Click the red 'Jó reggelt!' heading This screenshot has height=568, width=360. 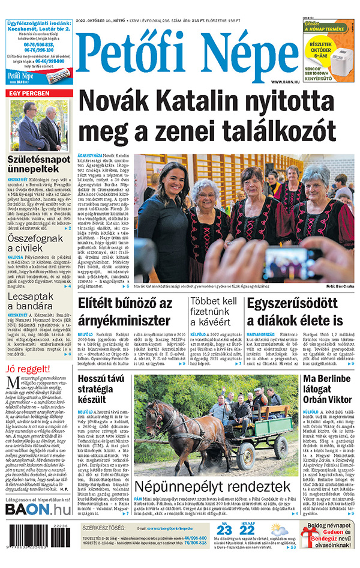[x=24, y=367]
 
